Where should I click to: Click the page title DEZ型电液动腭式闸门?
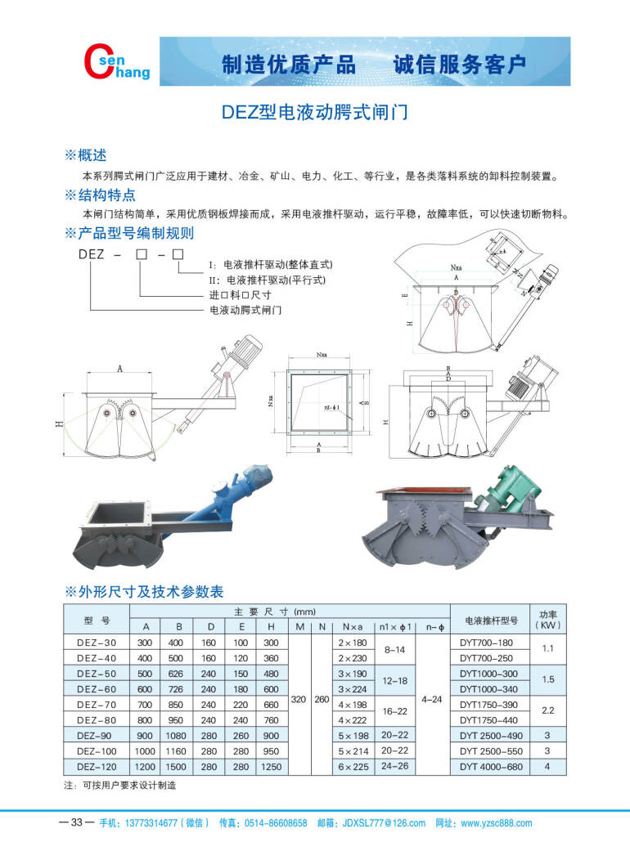315,112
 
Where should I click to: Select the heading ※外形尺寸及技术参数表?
144,591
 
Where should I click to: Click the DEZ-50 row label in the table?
97,674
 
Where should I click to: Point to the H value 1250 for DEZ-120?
271,767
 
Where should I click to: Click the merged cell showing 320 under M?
299,701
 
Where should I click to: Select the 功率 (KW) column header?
548,619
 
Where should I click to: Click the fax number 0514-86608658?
276,823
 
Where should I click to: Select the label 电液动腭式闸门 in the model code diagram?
245,311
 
